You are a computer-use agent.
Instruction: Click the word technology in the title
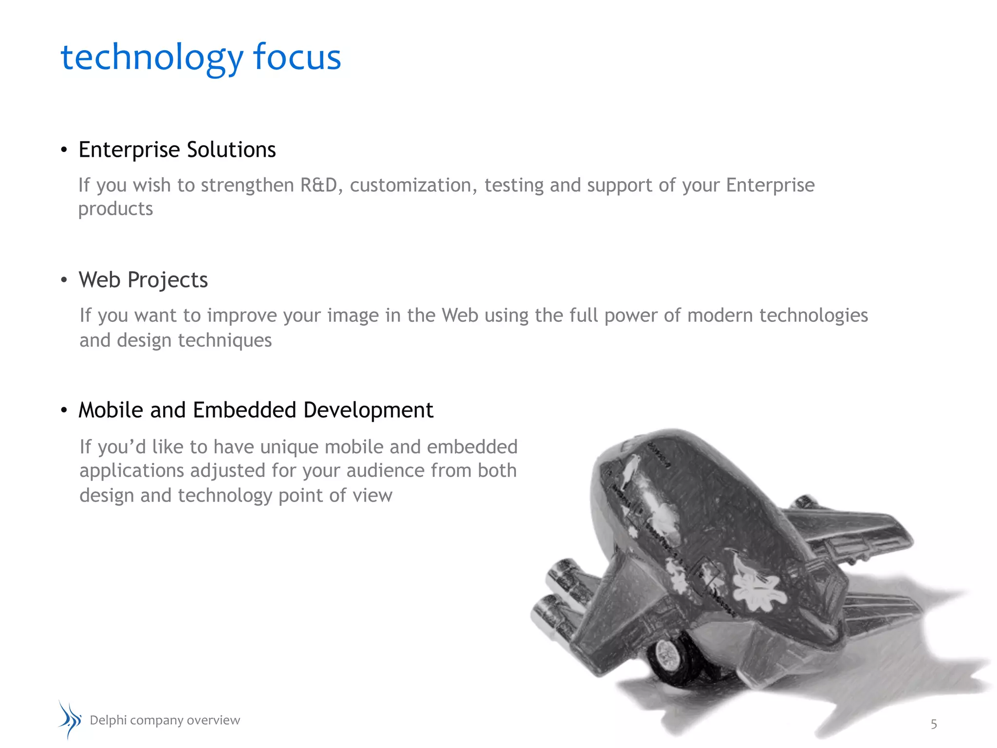[151, 57]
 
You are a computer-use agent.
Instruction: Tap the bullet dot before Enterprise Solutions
[64, 150]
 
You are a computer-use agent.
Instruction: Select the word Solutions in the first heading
[231, 150]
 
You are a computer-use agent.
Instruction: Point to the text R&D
[319, 185]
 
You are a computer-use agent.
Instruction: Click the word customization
[414, 185]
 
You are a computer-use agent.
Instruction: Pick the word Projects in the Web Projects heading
[167, 280]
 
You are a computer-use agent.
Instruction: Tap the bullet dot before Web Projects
[64, 280]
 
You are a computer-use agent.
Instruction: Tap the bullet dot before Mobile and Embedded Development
[64, 411]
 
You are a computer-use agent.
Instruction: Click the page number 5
[933, 724]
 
